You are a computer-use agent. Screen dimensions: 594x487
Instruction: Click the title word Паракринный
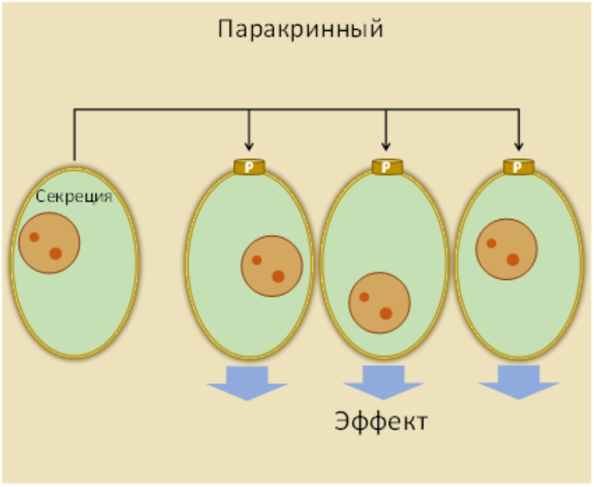pyautogui.click(x=301, y=29)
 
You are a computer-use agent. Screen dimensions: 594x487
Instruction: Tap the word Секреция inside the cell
pyautogui.click(x=74, y=197)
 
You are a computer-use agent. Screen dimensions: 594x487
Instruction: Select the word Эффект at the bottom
pyautogui.click(x=381, y=421)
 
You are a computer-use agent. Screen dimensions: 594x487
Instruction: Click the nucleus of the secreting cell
pyautogui.click(x=49, y=243)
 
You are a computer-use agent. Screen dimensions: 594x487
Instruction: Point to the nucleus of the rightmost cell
pyautogui.click(x=506, y=249)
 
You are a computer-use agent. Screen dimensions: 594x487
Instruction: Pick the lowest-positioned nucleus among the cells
pyautogui.click(x=380, y=303)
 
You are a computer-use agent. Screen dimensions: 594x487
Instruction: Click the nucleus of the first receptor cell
pyautogui.click(x=272, y=266)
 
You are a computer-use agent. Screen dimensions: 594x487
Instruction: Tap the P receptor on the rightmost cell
pyautogui.click(x=519, y=167)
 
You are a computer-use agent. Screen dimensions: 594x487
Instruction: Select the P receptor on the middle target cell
pyautogui.click(x=387, y=167)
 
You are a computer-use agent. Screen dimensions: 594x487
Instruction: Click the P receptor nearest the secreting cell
pyautogui.click(x=249, y=167)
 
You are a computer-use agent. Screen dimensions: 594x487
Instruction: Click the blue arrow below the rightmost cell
pyautogui.click(x=519, y=382)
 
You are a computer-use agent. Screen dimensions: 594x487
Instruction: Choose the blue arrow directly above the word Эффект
pyautogui.click(x=384, y=382)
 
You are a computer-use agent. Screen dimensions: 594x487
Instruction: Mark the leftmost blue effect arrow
pyautogui.click(x=247, y=383)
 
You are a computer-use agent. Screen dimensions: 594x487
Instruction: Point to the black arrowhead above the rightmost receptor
pyautogui.click(x=519, y=146)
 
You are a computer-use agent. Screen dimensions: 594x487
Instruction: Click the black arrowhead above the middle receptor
pyautogui.click(x=386, y=146)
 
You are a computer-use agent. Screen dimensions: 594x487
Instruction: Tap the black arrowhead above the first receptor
pyautogui.click(x=249, y=146)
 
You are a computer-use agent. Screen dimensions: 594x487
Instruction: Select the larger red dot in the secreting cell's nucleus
pyautogui.click(x=55, y=253)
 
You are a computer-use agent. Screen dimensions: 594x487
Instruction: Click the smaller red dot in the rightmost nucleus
pyautogui.click(x=491, y=243)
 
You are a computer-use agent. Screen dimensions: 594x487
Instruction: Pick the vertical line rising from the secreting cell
pyautogui.click(x=74, y=135)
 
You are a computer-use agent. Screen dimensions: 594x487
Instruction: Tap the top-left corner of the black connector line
pyautogui.click(x=74, y=110)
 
